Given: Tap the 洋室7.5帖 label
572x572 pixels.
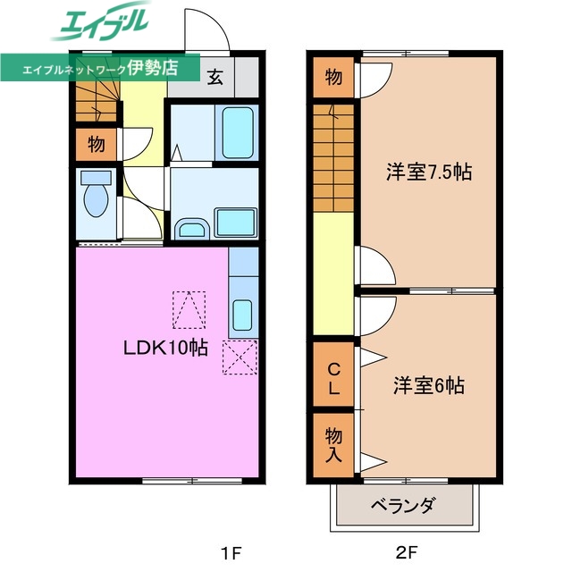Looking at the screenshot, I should pyautogui.click(x=428, y=172).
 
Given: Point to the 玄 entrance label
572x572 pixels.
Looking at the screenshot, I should pyautogui.click(x=216, y=76).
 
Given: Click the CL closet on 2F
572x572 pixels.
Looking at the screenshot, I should pyautogui.click(x=332, y=378).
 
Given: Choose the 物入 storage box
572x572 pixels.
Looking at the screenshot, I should pyautogui.click(x=332, y=443).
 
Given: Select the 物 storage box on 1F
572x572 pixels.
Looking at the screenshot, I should pyautogui.click(x=96, y=143).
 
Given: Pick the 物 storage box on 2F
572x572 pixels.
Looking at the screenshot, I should pyautogui.click(x=332, y=77).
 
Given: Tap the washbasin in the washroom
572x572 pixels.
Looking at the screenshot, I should pyautogui.click(x=190, y=229).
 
